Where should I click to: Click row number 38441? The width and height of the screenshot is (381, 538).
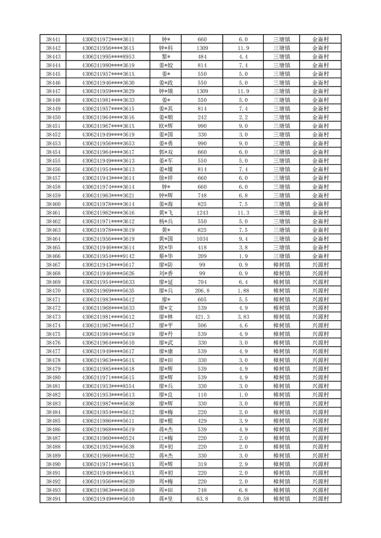[53, 39]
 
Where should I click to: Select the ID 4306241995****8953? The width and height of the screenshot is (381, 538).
[108, 57]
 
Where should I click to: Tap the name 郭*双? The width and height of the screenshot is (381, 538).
[166, 152]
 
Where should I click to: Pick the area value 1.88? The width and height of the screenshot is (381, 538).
[243, 291]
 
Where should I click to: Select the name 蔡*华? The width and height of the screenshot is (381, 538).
[166, 256]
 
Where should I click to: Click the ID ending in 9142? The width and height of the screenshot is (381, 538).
[108, 256]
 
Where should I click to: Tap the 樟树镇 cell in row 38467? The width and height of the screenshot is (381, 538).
[281, 265]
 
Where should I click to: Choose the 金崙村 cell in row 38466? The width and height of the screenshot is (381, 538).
[320, 256]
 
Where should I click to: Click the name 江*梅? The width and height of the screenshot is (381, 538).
[166, 438]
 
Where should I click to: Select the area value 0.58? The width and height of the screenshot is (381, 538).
[243, 499]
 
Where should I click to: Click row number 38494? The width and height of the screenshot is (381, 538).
[53, 499]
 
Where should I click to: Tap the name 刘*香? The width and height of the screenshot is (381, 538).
[166, 273]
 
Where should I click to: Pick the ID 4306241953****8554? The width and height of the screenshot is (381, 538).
[108, 386]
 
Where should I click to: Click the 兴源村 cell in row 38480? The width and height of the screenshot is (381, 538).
[320, 377]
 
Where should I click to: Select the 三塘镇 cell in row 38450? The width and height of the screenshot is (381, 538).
[281, 117]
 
